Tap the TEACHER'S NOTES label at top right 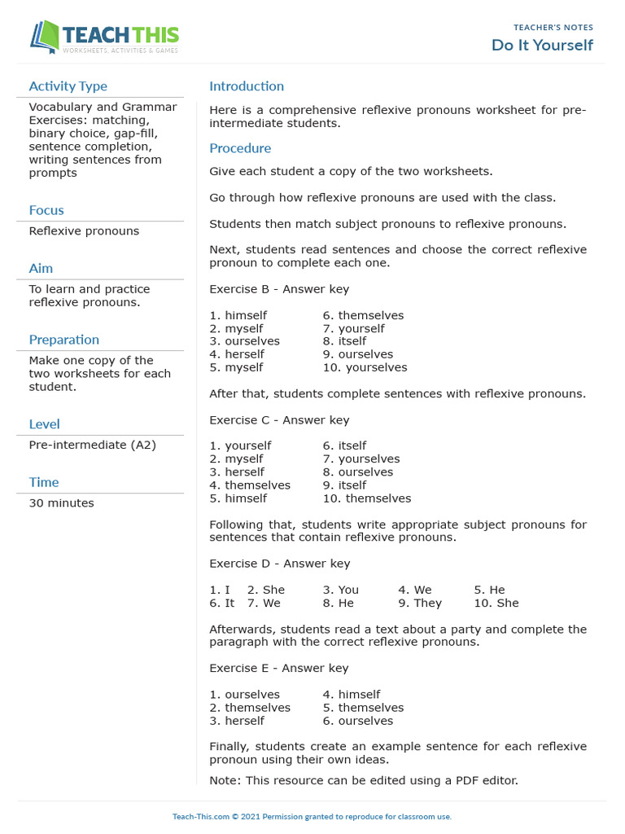click(x=553, y=28)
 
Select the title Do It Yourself click(x=542, y=46)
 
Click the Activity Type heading click(x=68, y=86)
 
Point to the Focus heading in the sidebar click(x=46, y=210)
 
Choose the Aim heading click(x=41, y=268)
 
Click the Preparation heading click(x=63, y=340)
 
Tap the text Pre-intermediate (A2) click(x=92, y=445)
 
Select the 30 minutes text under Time click(x=61, y=503)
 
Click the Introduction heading click(x=247, y=86)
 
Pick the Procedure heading click(x=240, y=148)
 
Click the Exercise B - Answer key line click(x=279, y=289)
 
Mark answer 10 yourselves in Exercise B click(x=365, y=367)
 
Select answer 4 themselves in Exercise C click(x=250, y=485)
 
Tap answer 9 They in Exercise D click(x=420, y=603)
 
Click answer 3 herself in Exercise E click(x=237, y=721)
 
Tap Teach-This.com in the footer click(x=199, y=817)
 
